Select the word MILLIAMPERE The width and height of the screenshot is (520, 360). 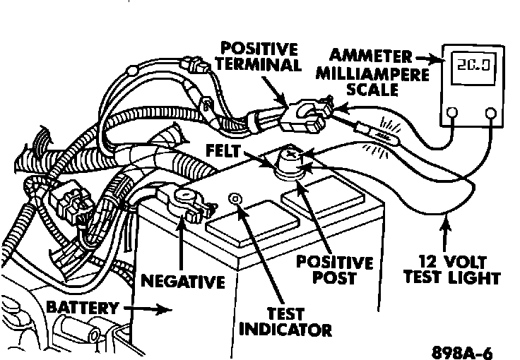coord(372,74)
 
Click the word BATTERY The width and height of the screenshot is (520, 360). coord(81,308)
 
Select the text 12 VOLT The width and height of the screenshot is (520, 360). coord(444,260)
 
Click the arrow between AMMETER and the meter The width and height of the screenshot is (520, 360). coord(427,59)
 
